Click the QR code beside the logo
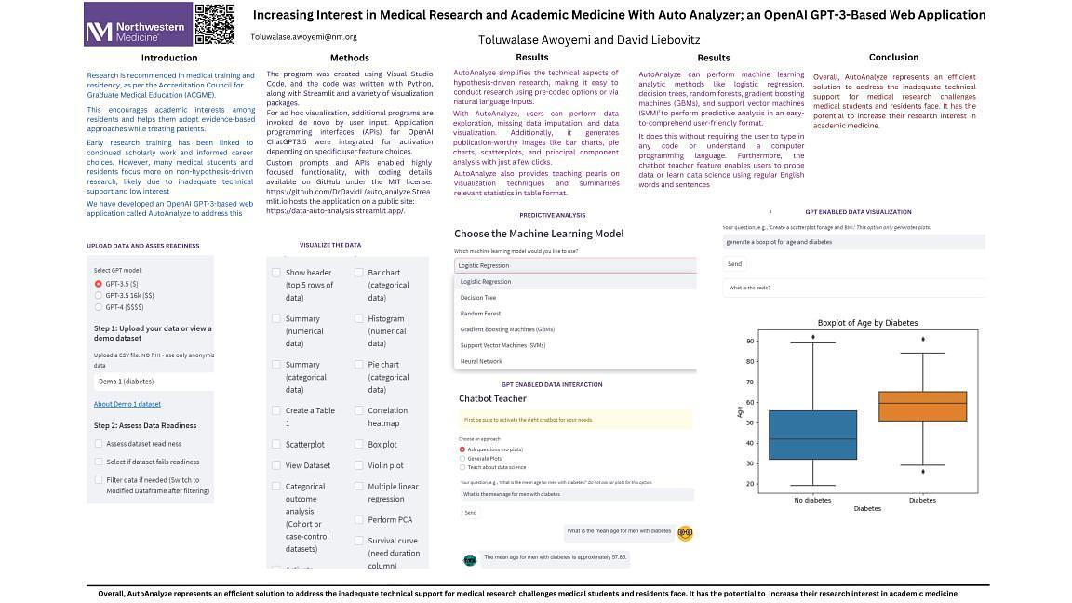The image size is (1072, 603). click(215, 23)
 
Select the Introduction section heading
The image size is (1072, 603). click(168, 58)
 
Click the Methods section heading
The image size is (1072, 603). click(350, 58)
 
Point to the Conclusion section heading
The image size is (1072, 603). click(893, 57)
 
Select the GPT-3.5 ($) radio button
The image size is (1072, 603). click(99, 284)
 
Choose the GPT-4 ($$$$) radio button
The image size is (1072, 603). click(99, 306)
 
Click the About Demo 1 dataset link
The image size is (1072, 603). click(127, 404)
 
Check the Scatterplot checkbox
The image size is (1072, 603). click(276, 445)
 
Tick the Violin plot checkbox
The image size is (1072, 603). click(359, 465)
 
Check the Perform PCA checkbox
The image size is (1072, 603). click(359, 520)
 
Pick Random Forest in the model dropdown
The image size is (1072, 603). click(480, 314)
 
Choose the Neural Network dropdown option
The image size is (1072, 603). click(481, 361)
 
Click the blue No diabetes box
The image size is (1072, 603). click(812, 435)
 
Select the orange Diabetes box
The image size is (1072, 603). click(922, 407)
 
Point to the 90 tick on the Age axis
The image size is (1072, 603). click(750, 342)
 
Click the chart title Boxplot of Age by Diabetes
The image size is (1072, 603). click(867, 323)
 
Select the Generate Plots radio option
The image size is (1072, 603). click(462, 459)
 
